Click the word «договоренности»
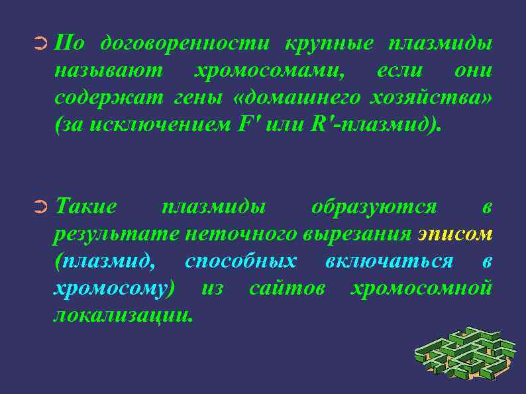185,44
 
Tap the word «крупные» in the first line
329,44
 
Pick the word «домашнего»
302,97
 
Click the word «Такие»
86,207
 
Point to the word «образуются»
374,207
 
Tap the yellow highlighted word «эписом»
455,234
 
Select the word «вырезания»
358,234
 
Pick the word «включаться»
389,261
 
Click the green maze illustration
464,354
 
